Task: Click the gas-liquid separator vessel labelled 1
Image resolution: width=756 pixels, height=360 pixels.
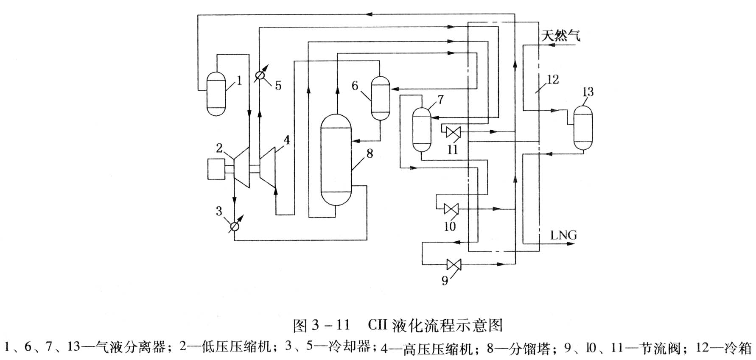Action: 216,94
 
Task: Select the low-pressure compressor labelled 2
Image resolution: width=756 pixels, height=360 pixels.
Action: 242,167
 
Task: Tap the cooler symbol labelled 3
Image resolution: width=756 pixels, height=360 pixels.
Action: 234,227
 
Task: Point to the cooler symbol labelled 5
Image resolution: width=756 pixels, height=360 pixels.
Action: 260,76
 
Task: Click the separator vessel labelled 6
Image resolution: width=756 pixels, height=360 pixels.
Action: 380,98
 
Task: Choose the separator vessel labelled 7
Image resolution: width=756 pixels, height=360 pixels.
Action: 422,129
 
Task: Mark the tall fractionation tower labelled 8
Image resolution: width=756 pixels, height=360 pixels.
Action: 336,160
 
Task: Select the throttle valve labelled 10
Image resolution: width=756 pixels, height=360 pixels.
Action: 450,209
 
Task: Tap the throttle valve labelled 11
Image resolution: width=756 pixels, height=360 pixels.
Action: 453,132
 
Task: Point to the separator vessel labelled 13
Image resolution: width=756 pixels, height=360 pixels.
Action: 583,127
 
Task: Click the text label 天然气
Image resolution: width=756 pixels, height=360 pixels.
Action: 560,36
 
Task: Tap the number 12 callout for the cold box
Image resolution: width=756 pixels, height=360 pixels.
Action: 552,79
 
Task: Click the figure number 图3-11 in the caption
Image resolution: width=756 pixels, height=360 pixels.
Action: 321,325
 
